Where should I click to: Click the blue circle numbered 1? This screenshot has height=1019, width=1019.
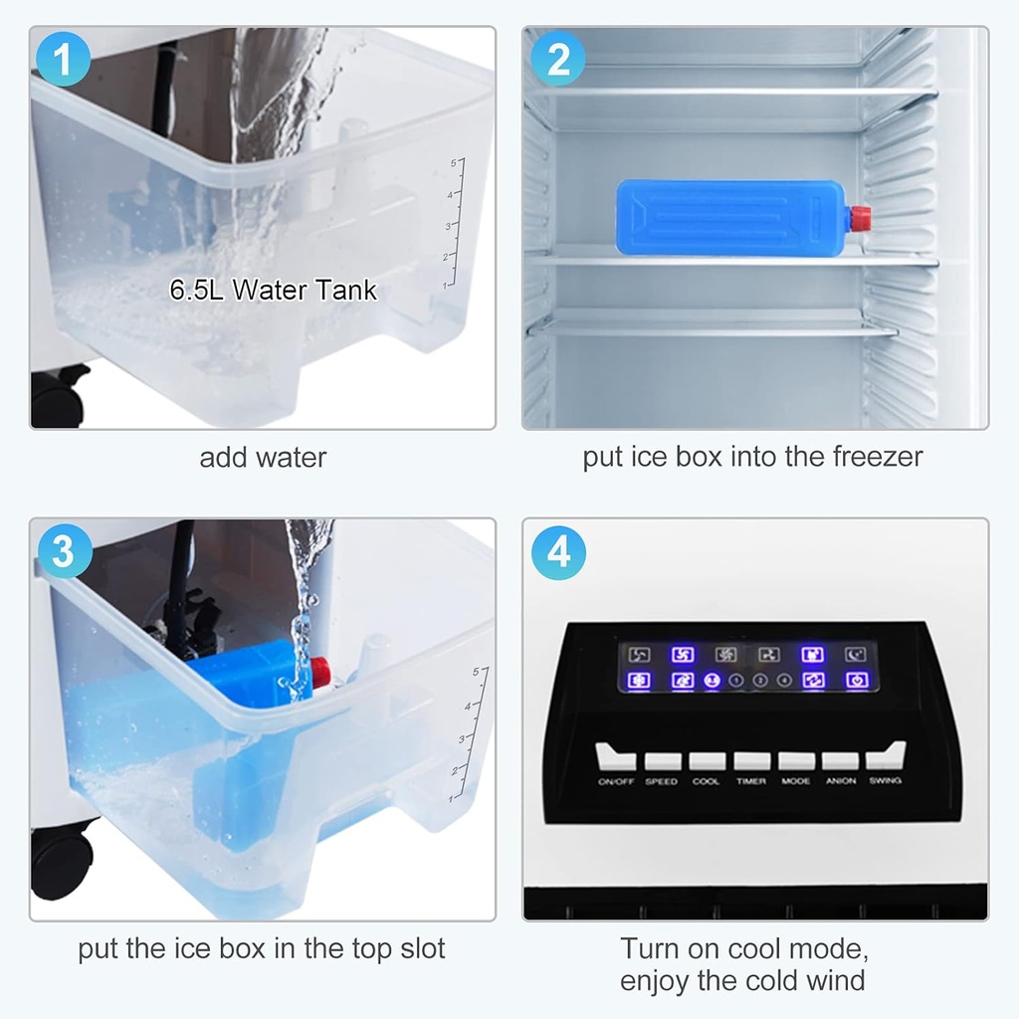64,60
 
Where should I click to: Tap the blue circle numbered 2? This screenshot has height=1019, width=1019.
558,60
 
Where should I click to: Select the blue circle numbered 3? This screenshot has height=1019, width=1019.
64,550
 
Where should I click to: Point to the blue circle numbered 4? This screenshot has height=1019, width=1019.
558,550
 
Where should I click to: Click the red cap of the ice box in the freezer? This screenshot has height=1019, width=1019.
860,215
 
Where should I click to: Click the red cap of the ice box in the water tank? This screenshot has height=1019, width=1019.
320,670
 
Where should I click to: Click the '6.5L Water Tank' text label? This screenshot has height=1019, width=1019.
274,291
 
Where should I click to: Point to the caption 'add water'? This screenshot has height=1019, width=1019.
263,458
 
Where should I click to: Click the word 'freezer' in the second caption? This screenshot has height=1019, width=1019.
876,457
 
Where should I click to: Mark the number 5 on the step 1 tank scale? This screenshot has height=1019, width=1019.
453,161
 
